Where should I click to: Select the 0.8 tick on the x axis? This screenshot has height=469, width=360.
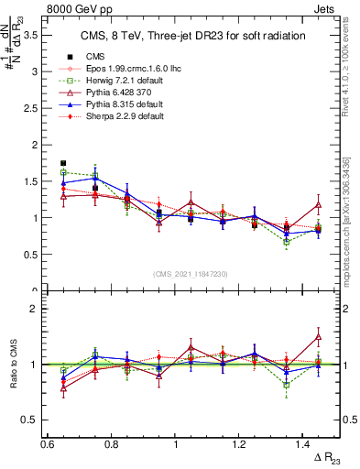[x=112, y=444]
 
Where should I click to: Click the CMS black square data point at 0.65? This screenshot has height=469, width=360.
[x=63, y=163]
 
